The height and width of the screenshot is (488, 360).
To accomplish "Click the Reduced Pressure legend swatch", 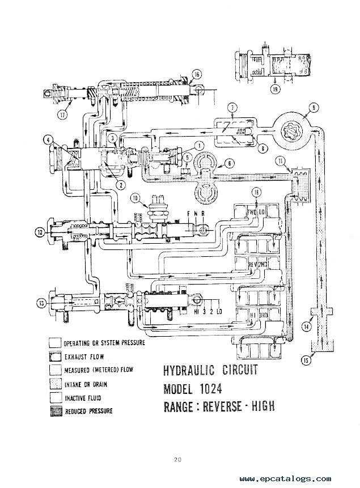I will pos(55,410).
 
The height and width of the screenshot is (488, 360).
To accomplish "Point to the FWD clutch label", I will pos(253,213).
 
